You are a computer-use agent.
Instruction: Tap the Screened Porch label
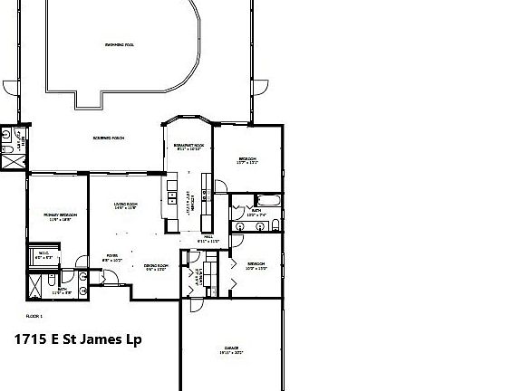109,138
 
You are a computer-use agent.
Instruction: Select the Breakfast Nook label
188,146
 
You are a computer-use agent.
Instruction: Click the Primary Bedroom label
61,216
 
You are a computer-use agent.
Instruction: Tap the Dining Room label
156,267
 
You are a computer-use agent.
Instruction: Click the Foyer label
112,258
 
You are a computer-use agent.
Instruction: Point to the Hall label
208,239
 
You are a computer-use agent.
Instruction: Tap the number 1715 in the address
29,339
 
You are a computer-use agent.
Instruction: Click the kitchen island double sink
169,199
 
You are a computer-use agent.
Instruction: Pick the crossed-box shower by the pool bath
13,162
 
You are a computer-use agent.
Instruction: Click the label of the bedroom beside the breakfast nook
246,161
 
